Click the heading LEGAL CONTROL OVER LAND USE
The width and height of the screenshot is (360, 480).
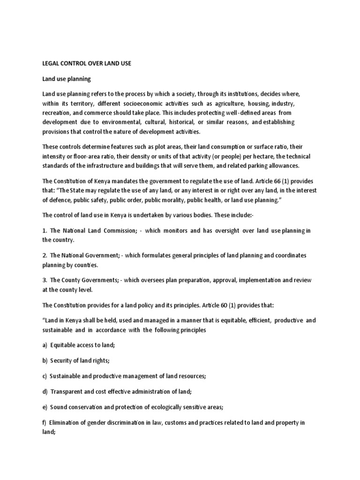(x=87, y=63)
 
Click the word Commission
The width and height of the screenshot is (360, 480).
(x=112, y=230)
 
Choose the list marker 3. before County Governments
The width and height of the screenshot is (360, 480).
(x=45, y=280)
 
